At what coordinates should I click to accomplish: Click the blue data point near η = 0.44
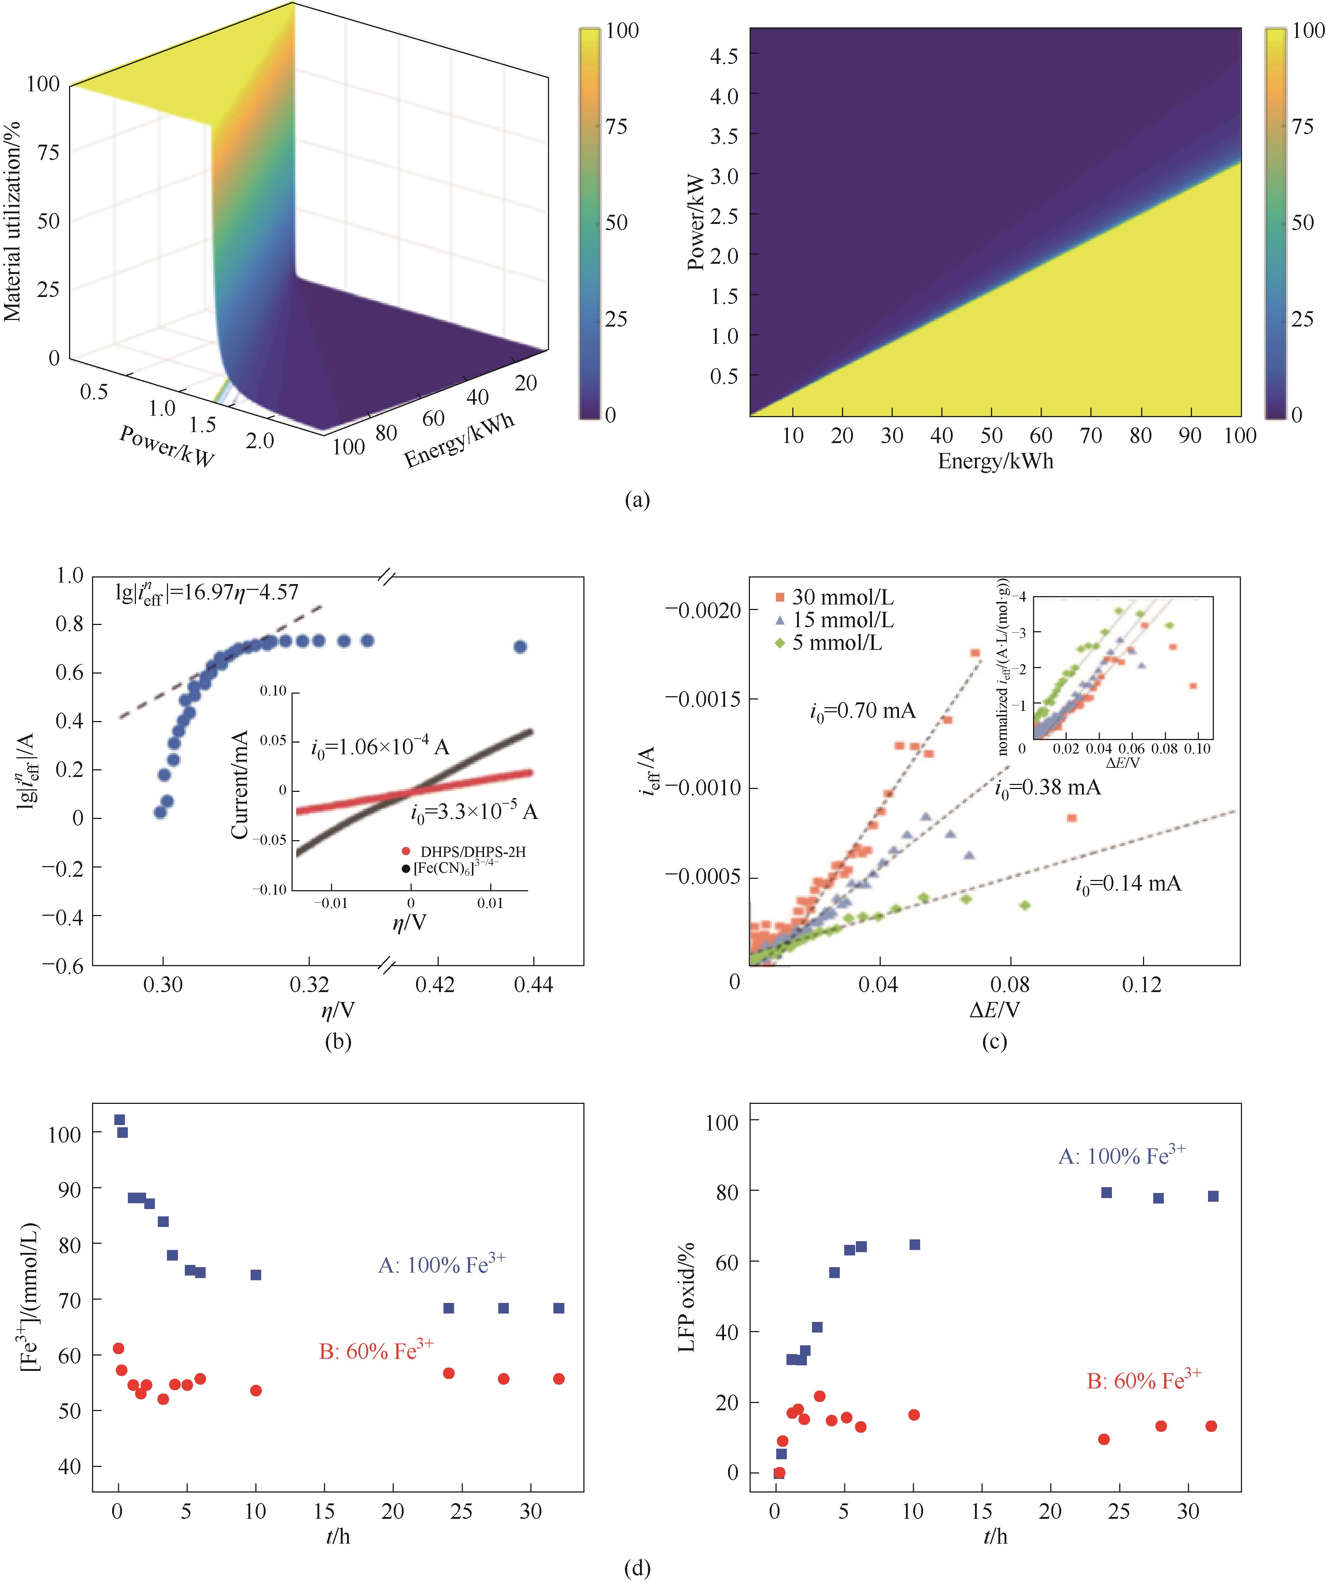[520, 647]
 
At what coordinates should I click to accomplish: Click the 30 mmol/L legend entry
[834, 597]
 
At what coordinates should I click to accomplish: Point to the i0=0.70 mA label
[863, 710]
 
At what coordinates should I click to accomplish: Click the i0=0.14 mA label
[1128, 884]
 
